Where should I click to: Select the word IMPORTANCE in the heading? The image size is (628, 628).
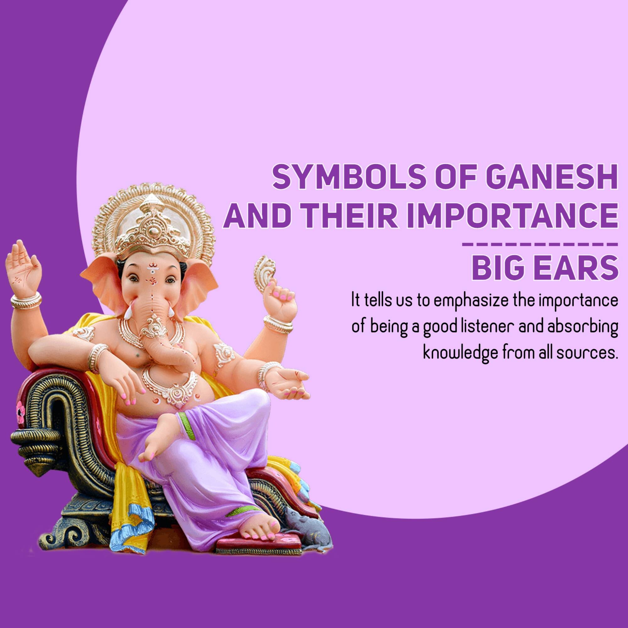click(x=512, y=216)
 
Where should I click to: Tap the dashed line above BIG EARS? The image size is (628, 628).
click(x=539, y=244)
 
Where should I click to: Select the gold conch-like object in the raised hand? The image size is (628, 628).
click(x=264, y=273)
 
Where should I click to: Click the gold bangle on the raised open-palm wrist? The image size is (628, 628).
click(x=26, y=301)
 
